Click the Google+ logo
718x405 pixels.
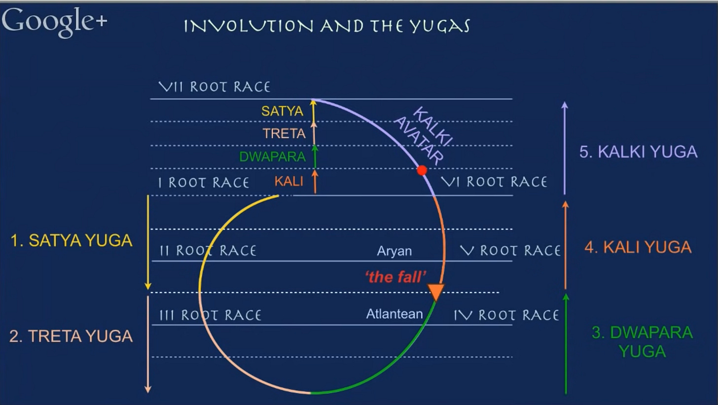(x=54, y=22)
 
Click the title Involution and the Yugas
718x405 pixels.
(x=326, y=26)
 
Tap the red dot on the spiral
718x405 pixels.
(x=422, y=170)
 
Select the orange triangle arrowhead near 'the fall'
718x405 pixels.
(x=436, y=292)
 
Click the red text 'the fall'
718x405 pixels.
(x=395, y=277)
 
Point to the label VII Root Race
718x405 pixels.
(x=215, y=87)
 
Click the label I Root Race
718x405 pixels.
(x=204, y=183)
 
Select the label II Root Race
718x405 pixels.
(x=208, y=251)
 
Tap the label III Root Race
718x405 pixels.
(x=210, y=315)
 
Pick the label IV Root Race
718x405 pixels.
(x=506, y=315)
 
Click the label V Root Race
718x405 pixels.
(x=510, y=251)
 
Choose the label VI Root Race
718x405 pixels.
(x=494, y=182)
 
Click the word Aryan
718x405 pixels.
(x=394, y=251)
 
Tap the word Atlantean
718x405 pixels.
(x=395, y=314)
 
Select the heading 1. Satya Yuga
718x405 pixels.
(x=72, y=240)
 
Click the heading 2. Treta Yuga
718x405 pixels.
(x=71, y=336)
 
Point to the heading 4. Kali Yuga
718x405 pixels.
(x=638, y=247)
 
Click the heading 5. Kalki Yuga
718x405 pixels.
(x=638, y=152)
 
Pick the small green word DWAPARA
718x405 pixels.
(x=272, y=157)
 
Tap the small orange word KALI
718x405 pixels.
(x=288, y=181)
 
